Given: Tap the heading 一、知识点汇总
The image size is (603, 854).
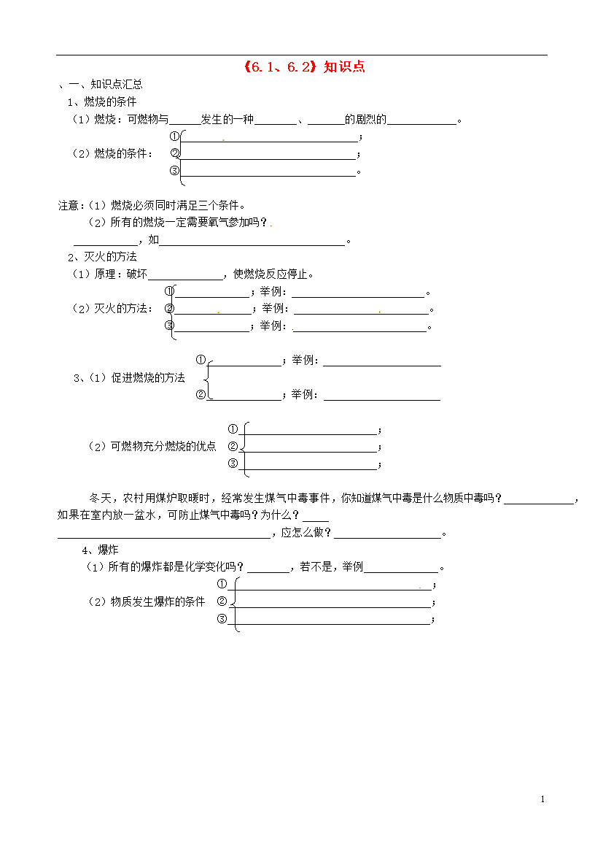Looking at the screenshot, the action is point(106,85).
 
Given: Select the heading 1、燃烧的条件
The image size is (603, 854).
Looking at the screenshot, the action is point(102,102).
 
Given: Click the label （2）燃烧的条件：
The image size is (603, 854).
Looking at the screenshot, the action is point(113,153).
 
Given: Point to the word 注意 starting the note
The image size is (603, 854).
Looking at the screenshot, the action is point(69,205).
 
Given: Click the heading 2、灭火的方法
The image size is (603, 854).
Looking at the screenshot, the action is point(102,256).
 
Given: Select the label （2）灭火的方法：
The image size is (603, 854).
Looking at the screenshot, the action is point(113,309).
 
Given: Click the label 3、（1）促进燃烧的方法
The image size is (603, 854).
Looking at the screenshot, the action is point(130,378).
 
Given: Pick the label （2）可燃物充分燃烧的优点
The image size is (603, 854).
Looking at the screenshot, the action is point(152,447).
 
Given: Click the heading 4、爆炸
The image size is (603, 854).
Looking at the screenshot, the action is point(100,550).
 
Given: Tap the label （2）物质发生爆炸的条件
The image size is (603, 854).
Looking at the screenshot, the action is point(147,602).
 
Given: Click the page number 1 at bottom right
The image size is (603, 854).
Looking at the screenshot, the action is point(542,799).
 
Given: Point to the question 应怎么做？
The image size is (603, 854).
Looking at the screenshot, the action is point(306,533).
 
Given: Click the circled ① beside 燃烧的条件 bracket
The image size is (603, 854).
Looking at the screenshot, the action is point(174,136).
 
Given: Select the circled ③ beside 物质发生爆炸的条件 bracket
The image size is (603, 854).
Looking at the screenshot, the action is point(222,619).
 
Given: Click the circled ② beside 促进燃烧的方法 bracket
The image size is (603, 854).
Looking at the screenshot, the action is point(201,394).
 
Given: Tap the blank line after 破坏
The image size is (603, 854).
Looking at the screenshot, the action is point(186,280).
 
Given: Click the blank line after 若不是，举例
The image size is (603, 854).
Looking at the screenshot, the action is point(401,572).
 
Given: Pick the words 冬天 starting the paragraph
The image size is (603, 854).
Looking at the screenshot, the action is point(100,499).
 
